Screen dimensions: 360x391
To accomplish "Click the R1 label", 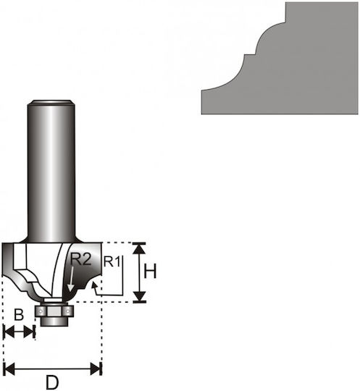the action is tap(112, 262).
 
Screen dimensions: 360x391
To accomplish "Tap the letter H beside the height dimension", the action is tap(150, 271).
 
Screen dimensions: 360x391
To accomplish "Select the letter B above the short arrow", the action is tap(19, 315).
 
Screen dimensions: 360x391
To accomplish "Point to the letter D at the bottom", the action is tap(52, 382).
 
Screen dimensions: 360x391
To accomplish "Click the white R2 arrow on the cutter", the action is tap(72, 279).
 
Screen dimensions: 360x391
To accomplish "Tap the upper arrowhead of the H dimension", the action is tap(139, 248).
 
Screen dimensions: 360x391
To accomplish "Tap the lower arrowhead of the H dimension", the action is tap(139, 296).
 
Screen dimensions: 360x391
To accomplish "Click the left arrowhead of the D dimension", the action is tap(9, 369).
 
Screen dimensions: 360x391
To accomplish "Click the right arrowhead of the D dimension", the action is tap(96, 369).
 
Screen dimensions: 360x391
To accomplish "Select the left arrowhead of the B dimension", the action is tap(9, 332).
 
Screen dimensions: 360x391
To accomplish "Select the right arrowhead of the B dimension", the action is tap(28, 332).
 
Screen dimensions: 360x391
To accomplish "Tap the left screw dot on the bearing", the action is tap(40, 311).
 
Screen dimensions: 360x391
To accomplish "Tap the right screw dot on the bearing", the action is tap(67, 311).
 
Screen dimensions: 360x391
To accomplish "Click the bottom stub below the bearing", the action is tap(54, 321).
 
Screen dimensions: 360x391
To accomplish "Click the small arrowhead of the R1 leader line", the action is tap(94, 285).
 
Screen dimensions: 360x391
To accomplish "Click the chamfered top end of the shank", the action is tap(51, 102).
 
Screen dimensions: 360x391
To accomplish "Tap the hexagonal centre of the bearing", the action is tap(54, 311).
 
